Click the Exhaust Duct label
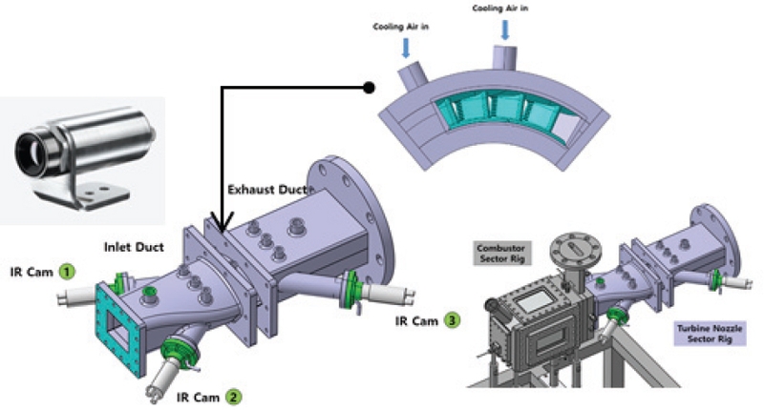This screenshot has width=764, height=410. pos(269,190)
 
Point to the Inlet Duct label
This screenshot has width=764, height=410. pos(134,247)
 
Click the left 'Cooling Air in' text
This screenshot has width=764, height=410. pos(400,27)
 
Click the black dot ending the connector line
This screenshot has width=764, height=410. pos(369,89)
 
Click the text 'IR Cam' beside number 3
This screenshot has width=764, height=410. pos(415,319)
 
